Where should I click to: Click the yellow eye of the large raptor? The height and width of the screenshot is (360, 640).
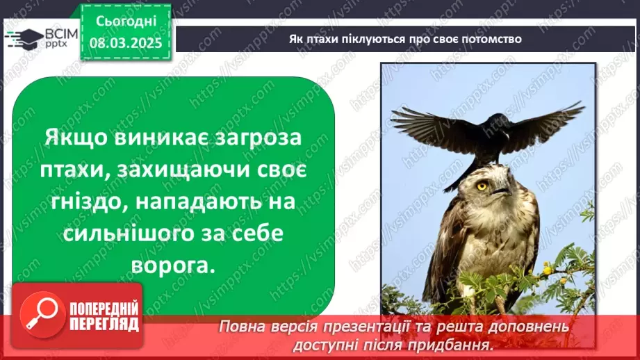(x=481, y=186)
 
